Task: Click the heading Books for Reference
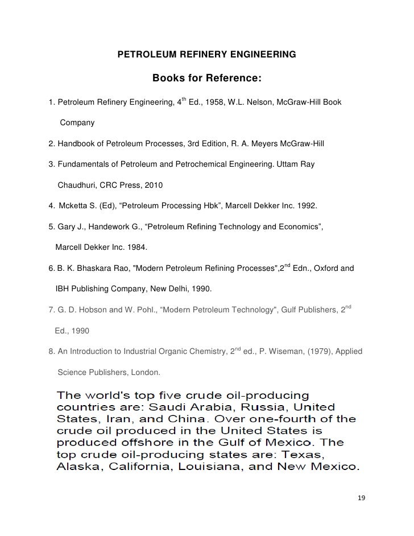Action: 206,77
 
